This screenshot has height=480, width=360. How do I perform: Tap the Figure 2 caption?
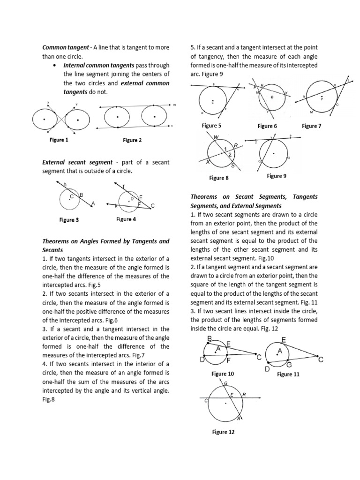point(132,140)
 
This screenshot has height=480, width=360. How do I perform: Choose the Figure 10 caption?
point(223,374)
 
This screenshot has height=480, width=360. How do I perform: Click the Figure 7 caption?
point(311,126)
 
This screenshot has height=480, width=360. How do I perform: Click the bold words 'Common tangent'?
point(65,47)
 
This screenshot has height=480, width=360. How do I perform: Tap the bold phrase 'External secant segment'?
point(79,162)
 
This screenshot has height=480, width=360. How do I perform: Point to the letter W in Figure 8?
point(216,137)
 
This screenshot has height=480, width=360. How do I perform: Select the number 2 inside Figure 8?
point(230,154)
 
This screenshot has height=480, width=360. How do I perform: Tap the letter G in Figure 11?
point(289,364)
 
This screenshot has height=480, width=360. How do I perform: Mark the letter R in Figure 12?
point(244,395)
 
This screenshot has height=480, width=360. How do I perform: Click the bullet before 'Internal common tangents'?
point(56,65)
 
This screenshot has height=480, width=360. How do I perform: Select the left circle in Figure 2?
point(117,117)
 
